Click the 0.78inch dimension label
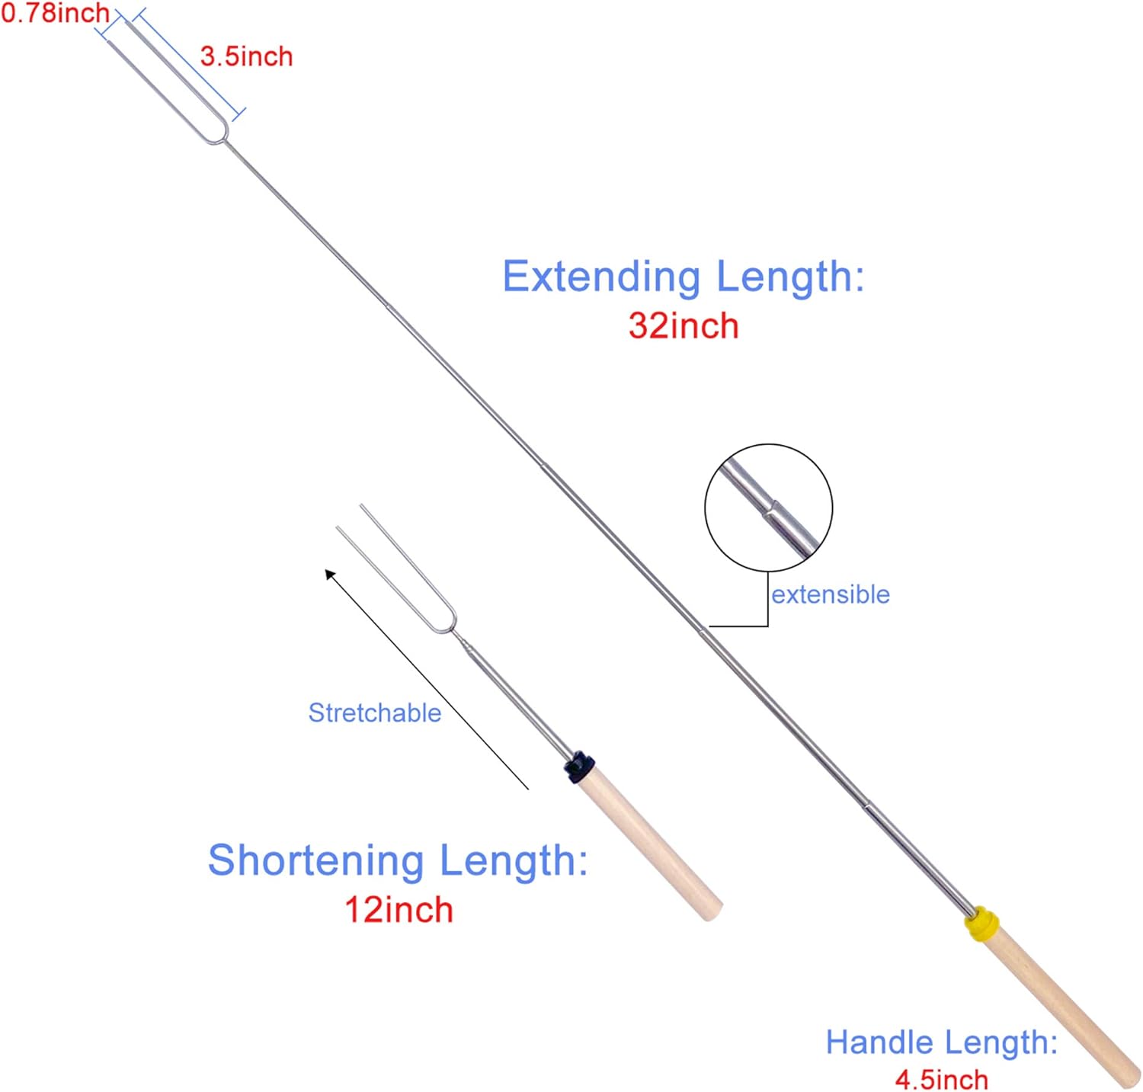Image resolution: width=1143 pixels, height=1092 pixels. coord(55,13)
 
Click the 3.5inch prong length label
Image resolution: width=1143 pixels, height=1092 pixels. coord(246,56)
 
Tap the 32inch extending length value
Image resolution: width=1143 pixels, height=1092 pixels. coord(684,325)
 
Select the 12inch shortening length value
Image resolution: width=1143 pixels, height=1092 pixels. coord(399,909)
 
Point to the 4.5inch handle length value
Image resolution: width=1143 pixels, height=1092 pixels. coord(941,1079)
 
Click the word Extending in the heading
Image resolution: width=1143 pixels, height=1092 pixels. coord(601,277)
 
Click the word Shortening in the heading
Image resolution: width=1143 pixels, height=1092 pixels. coord(316,861)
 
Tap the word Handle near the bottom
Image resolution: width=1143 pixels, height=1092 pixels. coord(879,1042)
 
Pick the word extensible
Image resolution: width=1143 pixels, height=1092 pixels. coord(831,594)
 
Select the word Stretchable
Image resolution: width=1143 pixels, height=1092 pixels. coord(374,713)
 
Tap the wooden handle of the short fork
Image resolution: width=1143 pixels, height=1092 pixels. coord(650,844)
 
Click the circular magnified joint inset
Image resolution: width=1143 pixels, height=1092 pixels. coord(768,508)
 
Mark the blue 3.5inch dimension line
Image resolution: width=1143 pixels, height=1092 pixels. coord(190,64)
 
